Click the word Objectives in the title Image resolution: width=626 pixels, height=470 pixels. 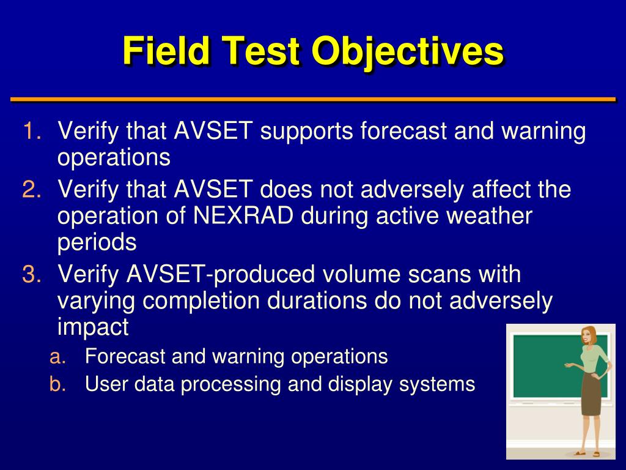point(408,52)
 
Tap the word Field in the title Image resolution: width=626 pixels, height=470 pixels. point(166,50)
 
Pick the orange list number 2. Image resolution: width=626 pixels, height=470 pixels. point(32,189)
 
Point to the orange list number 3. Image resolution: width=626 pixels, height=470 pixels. point(32,274)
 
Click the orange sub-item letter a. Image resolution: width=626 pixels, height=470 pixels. point(57,357)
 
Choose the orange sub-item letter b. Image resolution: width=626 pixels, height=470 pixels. point(57,384)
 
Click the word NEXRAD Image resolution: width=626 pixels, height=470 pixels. point(243,216)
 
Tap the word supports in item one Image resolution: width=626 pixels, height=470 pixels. point(306,132)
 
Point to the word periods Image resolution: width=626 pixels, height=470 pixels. point(97,242)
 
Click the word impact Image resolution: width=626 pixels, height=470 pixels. point(93,327)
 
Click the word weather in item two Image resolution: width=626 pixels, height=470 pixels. point(489,216)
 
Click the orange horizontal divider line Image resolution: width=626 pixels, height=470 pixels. point(313,99)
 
